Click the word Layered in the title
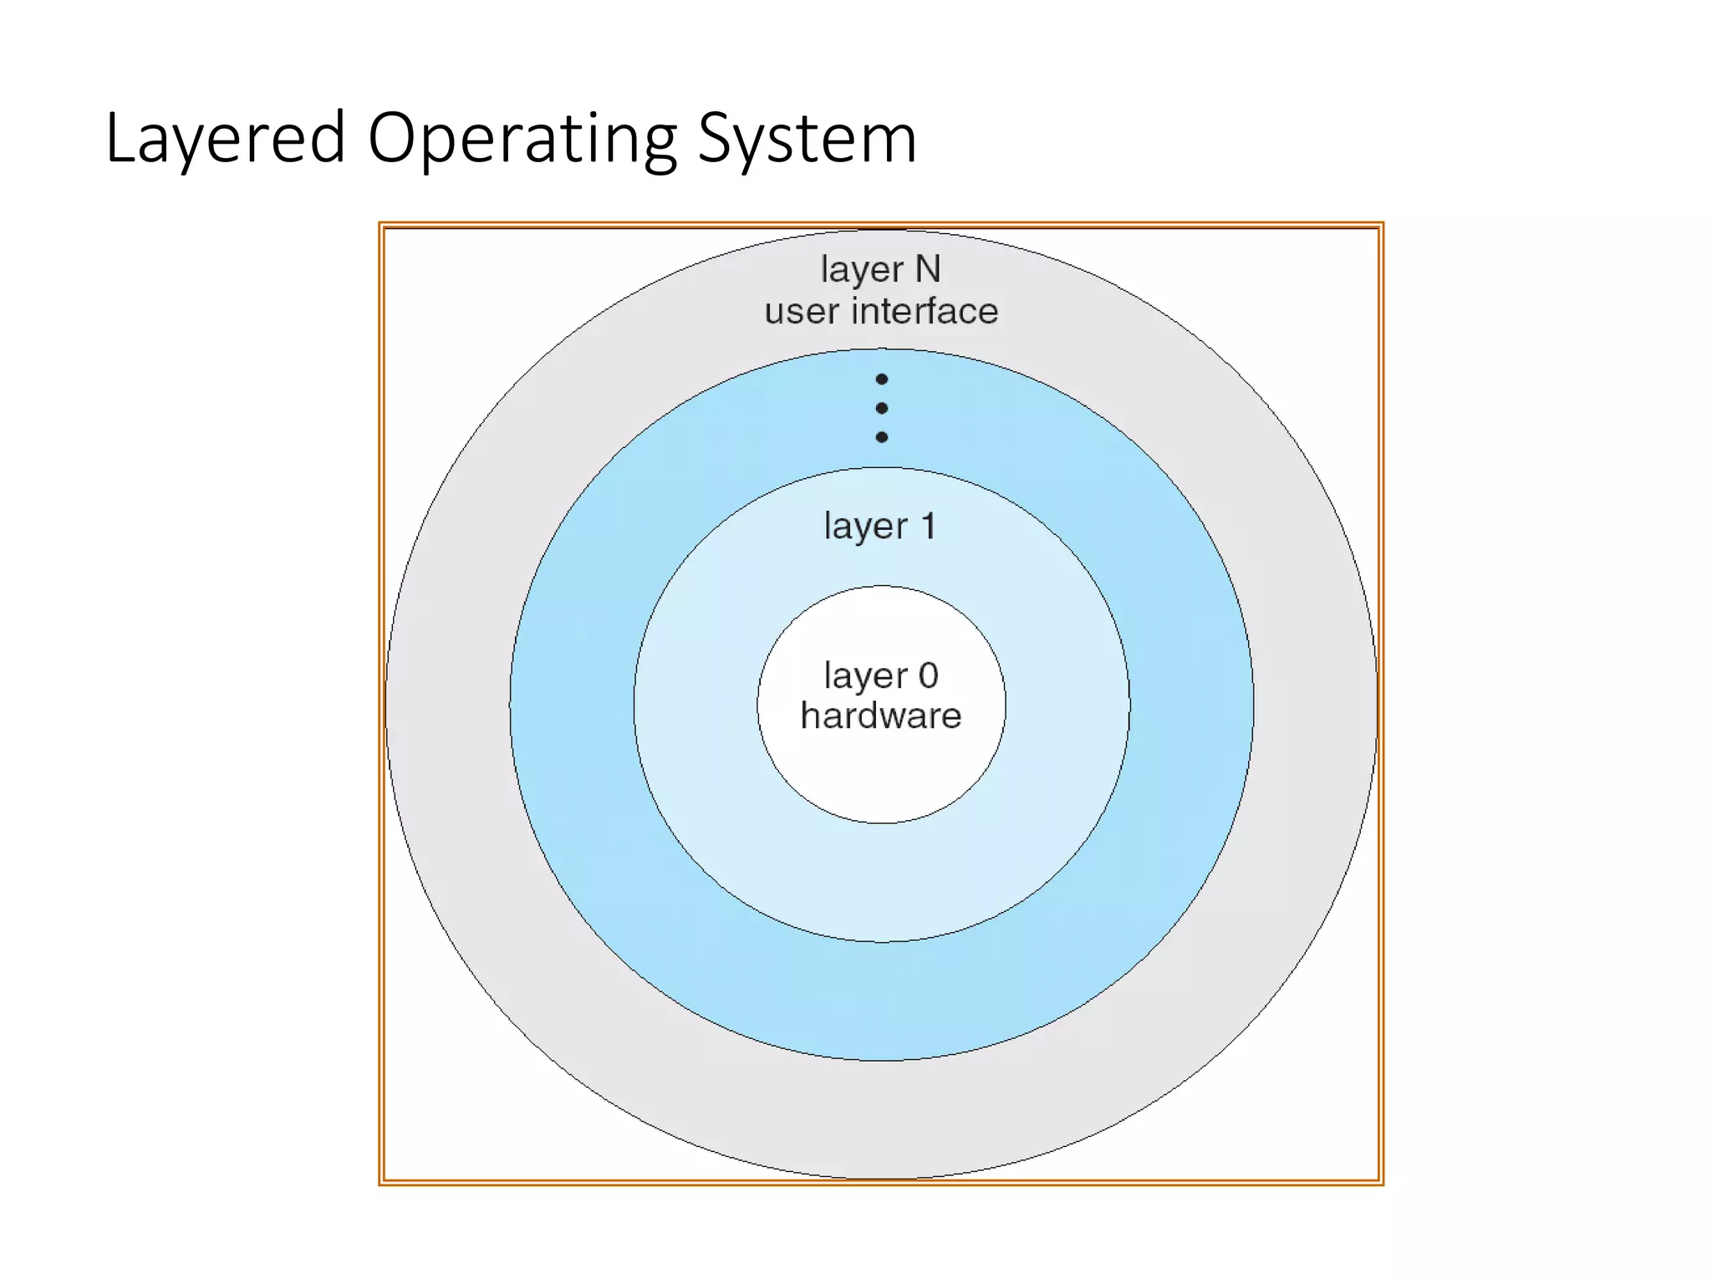(225, 138)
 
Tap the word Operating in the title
(522, 138)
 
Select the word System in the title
(807, 138)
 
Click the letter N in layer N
(928, 269)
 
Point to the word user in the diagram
(802, 312)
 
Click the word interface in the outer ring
(925, 311)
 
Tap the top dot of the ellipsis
(881, 380)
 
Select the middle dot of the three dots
(881, 408)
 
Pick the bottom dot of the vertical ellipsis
(881, 437)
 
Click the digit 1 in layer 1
(928, 527)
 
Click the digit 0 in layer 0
(928, 675)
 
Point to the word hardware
(881, 716)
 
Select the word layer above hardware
(865, 676)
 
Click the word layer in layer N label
(862, 270)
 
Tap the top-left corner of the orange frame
(381, 225)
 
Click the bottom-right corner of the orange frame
(1381, 1182)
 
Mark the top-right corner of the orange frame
(1381, 225)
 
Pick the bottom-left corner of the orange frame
(381, 1182)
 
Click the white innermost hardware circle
(881, 777)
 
